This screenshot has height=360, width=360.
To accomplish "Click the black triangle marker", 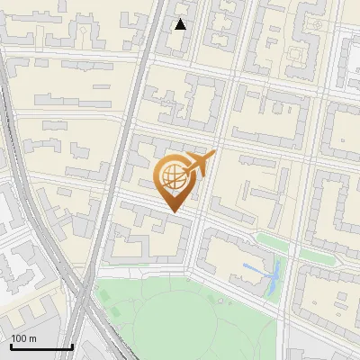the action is coord(181,24).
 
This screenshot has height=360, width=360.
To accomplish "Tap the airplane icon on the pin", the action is coord(198,163).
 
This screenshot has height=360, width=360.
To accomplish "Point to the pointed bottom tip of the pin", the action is coord(174,212).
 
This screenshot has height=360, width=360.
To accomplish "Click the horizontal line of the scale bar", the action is coord(40,346).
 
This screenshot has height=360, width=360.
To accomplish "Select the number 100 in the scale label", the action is coord(19,338).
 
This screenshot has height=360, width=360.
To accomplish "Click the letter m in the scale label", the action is coord(32,338).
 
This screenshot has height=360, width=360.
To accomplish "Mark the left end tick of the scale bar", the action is coord(10,345).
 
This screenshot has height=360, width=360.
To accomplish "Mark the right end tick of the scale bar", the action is coord(72,345).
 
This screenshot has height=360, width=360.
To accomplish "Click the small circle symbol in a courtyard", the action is coord(317,25).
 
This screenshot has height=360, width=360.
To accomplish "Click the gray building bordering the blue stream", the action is coord(269,284).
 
